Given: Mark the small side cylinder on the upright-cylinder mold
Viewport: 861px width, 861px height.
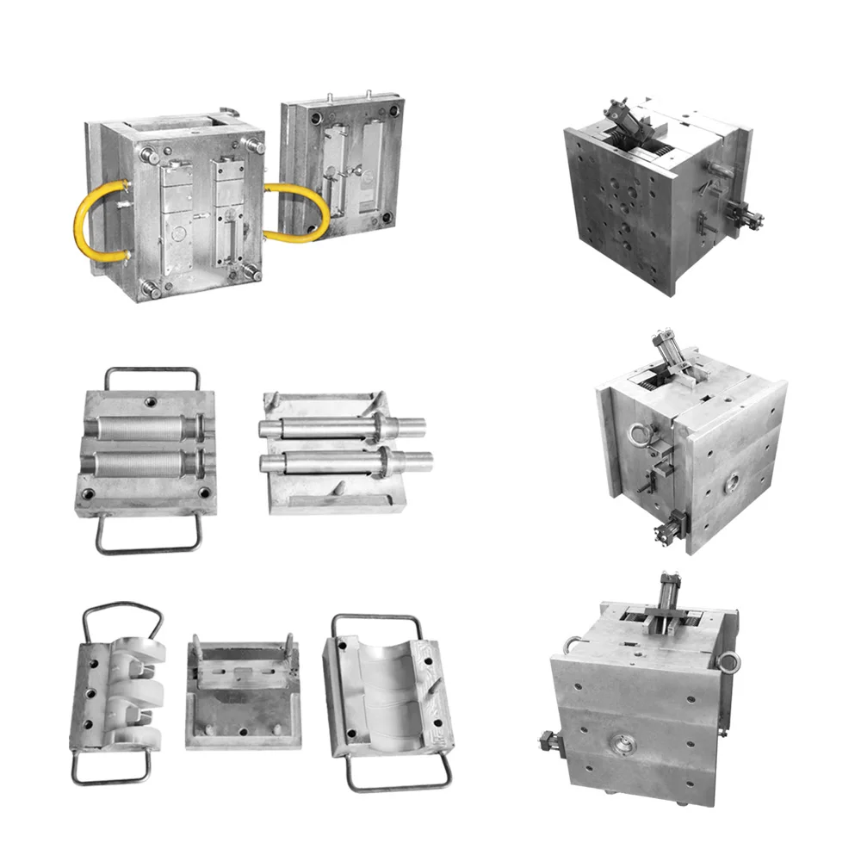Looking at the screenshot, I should tap(548, 739).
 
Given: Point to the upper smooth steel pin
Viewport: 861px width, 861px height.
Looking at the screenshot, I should tap(344, 425).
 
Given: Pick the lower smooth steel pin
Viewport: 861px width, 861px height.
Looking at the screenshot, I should tap(344, 462).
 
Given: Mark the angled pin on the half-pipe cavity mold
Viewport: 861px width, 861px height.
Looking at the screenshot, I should tap(432, 684).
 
